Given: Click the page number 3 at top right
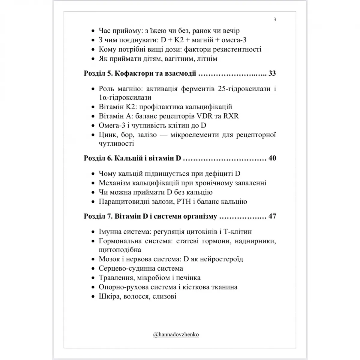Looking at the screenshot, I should pos(275,20).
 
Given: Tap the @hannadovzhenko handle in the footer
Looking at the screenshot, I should pos(176,334).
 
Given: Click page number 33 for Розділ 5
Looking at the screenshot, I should pos(272,73).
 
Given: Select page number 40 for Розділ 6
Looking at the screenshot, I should pos(272,158).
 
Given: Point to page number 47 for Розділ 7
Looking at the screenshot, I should pos(272,216).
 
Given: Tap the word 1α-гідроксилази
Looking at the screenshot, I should pos(125,97).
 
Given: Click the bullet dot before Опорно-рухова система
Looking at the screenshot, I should pos(92,287).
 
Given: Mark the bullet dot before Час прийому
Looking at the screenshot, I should pos(92,31).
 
